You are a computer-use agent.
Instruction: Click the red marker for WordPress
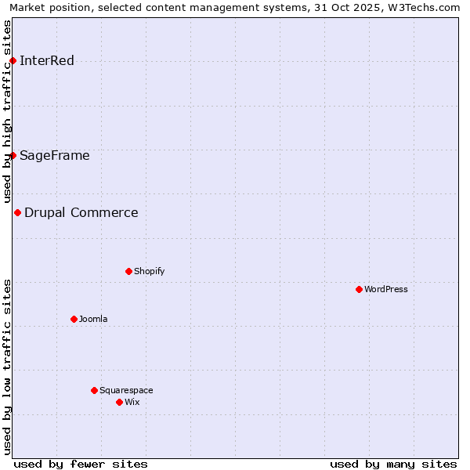pyautogui.click(x=359, y=289)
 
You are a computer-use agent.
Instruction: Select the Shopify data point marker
pyautogui.click(x=128, y=271)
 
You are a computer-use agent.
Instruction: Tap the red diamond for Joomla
pyautogui.click(x=74, y=319)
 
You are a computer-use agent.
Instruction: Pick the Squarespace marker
pyautogui.click(x=94, y=390)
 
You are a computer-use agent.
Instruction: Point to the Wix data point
pyautogui.click(x=119, y=402)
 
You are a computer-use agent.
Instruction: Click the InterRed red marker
pyautogui.click(x=13, y=61)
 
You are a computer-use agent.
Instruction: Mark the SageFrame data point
pyautogui.click(x=13, y=155)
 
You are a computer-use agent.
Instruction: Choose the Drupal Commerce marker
pyautogui.click(x=17, y=212)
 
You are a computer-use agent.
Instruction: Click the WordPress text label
pyautogui.click(x=386, y=289)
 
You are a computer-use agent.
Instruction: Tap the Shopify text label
pyautogui.click(x=149, y=271)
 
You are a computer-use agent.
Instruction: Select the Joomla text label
pyautogui.click(x=93, y=319)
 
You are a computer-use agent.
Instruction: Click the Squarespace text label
pyautogui.click(x=126, y=390)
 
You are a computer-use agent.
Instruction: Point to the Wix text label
pyautogui.click(x=132, y=402)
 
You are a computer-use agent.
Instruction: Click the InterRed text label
pyautogui.click(x=47, y=61)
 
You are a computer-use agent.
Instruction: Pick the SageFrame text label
pyautogui.click(x=55, y=155)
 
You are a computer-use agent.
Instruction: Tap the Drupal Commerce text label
pyautogui.click(x=81, y=212)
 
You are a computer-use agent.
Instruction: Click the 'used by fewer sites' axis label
pyautogui.click(x=81, y=464)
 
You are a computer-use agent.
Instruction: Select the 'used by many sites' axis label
pyautogui.click(x=393, y=464)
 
